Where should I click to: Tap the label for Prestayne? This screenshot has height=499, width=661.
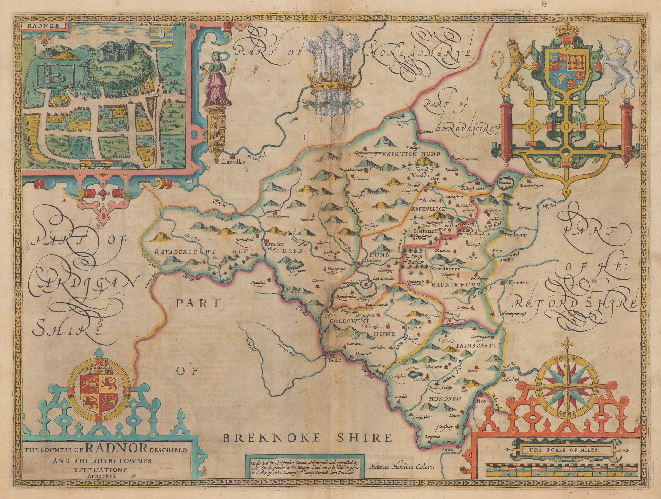pos(514,235)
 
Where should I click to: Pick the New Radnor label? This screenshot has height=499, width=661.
pos(444,269)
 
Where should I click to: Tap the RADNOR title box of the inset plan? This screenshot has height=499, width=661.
pos(44,26)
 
